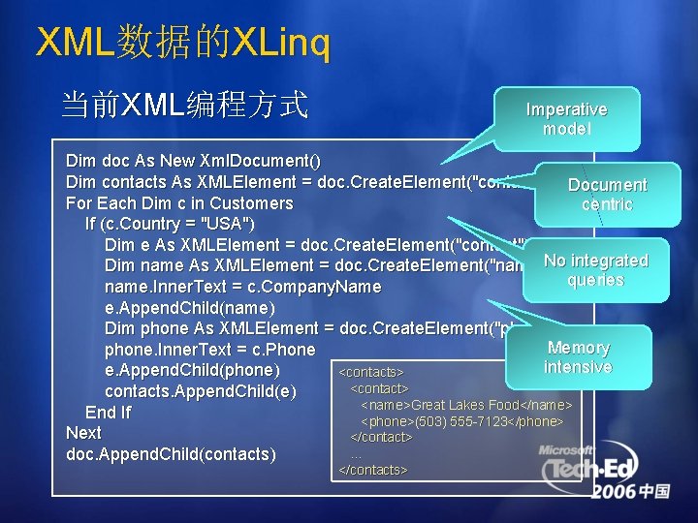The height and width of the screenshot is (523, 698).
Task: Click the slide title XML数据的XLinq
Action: [x=182, y=43]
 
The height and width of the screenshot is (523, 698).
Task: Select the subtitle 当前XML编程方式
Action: [x=184, y=104]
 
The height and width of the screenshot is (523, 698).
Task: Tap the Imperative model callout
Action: [x=566, y=119]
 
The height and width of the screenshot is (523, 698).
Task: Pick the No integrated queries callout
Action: [x=595, y=270]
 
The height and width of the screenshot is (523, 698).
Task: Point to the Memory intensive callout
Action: [x=578, y=356]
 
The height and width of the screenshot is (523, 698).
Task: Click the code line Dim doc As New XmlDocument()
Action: [x=193, y=161]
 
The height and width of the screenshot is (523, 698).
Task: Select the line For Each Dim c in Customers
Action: [x=179, y=203]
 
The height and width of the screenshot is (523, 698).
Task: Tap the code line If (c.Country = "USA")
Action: [x=170, y=225]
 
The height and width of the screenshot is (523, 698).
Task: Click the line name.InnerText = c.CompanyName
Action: [x=242, y=288]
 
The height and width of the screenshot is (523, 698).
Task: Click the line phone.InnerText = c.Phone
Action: [x=209, y=350]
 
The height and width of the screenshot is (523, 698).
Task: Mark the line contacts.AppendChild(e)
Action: [x=198, y=391]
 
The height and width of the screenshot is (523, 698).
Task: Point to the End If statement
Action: [x=108, y=413]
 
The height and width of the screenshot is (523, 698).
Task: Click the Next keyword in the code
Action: [x=83, y=433]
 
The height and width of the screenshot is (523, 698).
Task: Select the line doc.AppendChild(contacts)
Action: [x=171, y=454]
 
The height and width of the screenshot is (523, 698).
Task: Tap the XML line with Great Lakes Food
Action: [x=466, y=405]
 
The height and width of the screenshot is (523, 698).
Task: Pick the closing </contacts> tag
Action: [x=373, y=470]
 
